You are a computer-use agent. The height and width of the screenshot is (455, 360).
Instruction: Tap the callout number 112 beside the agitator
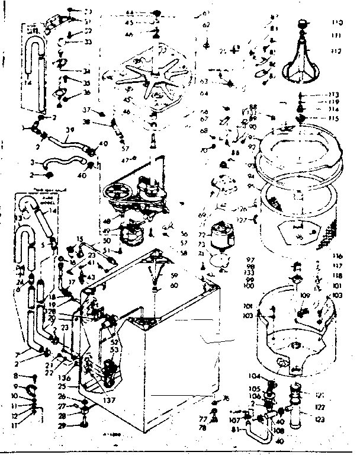(337, 50)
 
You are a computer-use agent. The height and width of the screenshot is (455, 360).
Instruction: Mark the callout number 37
(86, 110)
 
